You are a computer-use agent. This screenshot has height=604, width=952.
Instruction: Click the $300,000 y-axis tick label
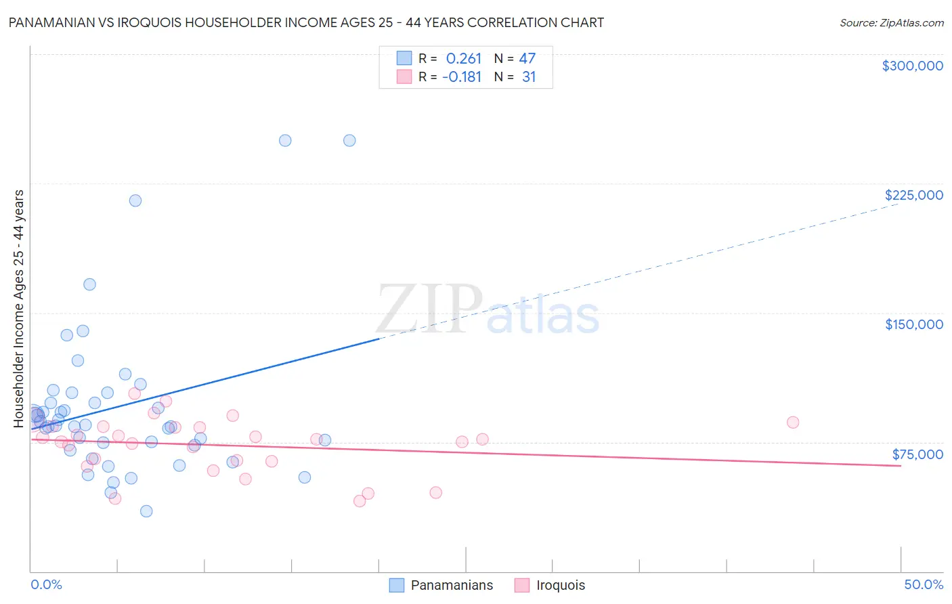click(x=912, y=66)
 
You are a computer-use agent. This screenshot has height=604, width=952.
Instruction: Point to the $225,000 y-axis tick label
click(x=913, y=195)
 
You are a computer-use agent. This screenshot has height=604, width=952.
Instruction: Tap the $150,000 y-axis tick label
click(x=913, y=324)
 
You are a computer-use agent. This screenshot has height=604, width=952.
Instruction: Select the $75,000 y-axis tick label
click(x=917, y=454)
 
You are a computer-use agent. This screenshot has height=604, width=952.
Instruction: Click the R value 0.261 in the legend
click(x=463, y=59)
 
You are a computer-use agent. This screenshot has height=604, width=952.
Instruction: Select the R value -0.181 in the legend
click(x=462, y=77)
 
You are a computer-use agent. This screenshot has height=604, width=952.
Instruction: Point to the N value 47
click(x=527, y=59)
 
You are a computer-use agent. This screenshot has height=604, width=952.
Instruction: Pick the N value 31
click(x=529, y=77)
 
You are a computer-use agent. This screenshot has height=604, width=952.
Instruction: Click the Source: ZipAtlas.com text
click(x=891, y=23)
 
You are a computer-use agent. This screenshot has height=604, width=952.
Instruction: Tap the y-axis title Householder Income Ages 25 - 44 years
click(x=19, y=309)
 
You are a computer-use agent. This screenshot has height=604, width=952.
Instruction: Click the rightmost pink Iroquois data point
click(x=793, y=423)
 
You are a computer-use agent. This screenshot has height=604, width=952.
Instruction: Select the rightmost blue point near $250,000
click(x=349, y=141)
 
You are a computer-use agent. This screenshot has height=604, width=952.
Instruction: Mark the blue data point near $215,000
click(x=135, y=200)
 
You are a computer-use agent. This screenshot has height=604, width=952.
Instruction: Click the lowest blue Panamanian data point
click(x=146, y=511)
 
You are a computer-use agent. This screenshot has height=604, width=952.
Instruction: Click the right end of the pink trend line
click(x=901, y=466)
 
